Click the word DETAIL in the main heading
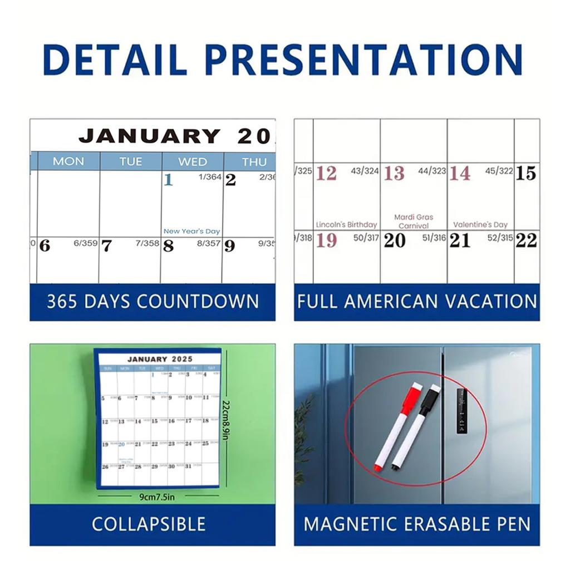[x=115, y=59]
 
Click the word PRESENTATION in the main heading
[x=363, y=59]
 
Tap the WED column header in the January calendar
[x=192, y=161]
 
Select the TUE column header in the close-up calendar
[x=131, y=161]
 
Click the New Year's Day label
[x=191, y=231]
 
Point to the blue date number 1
[x=169, y=180]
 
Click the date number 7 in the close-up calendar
[x=106, y=246]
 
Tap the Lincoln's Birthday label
[x=346, y=225]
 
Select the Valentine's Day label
[x=480, y=225]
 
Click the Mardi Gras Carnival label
[x=414, y=222]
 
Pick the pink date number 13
[x=394, y=174]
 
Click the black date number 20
[x=395, y=240]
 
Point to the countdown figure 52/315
[x=499, y=238]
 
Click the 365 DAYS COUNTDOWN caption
[x=153, y=302]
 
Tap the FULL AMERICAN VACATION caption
[x=417, y=302]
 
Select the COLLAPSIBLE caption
[x=149, y=524]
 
